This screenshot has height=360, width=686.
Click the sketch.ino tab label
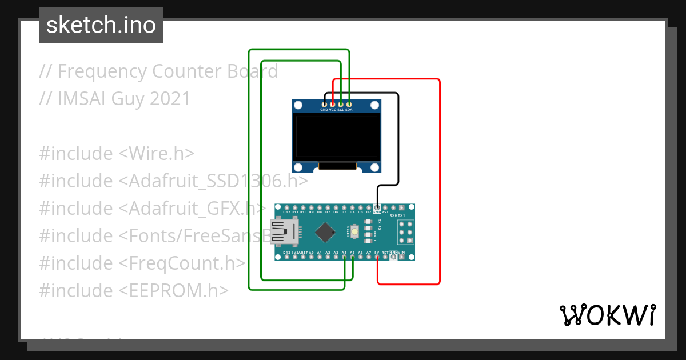101,25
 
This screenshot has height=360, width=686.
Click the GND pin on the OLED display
324,103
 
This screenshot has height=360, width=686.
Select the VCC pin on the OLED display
332,103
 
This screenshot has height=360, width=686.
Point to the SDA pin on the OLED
349,103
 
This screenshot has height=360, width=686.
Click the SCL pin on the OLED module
341,103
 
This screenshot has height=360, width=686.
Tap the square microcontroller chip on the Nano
325,232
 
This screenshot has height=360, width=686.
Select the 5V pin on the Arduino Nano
377,258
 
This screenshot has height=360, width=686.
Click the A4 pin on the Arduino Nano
345,258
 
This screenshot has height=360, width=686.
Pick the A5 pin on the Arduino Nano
353,258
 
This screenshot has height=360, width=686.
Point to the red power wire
439,183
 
